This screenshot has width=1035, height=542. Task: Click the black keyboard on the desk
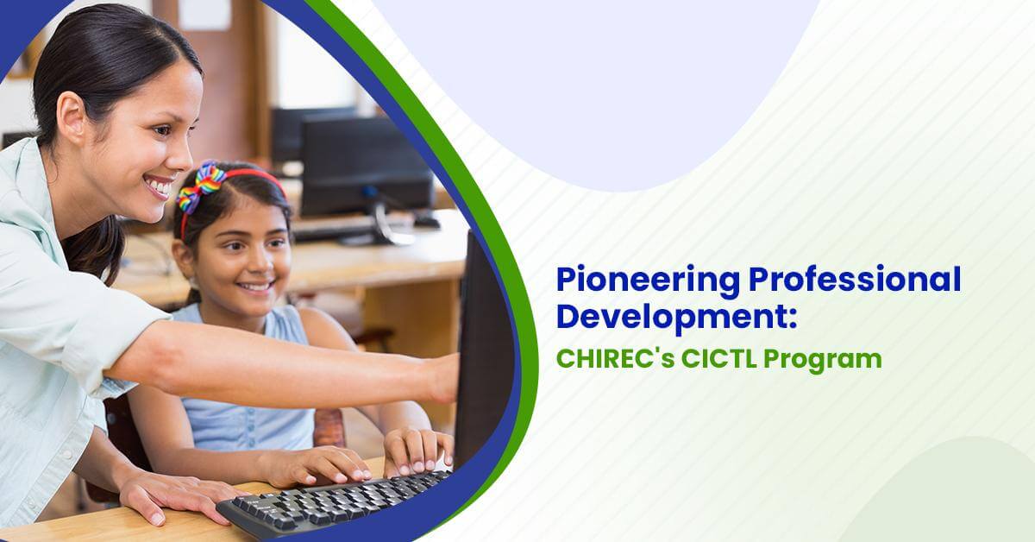pos(336,501)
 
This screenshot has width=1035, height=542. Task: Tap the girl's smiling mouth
pos(256,286)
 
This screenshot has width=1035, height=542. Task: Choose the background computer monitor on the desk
pos(367,164)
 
